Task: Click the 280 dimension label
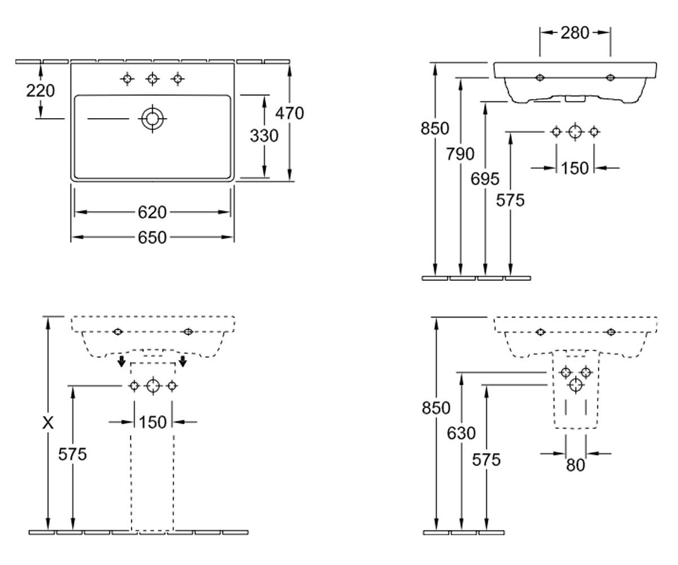tap(575, 33)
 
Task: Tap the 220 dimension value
tap(40, 90)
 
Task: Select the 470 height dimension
tap(290, 114)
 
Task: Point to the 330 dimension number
tap(264, 136)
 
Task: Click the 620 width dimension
tap(152, 212)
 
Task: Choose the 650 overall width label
tap(152, 237)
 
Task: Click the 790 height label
tap(460, 154)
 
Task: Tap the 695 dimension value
tap(485, 179)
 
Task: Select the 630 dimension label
tap(461, 433)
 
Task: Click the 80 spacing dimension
tap(575, 466)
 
